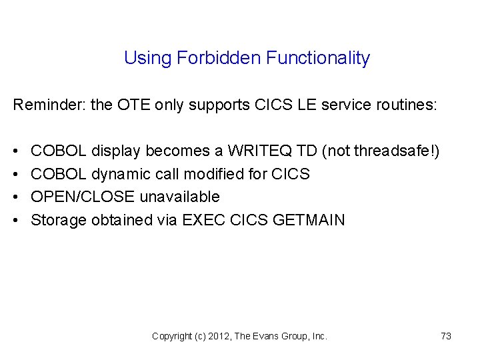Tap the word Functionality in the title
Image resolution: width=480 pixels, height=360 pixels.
pos(318,58)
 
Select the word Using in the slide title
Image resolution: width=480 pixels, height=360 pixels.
pos(148,59)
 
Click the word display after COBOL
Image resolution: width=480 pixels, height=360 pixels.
pos(116,152)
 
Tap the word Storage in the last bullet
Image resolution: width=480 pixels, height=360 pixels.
pos(59,220)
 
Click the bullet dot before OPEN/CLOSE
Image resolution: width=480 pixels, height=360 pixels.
pos(16,197)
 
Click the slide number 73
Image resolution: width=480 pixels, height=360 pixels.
pos(446,337)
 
